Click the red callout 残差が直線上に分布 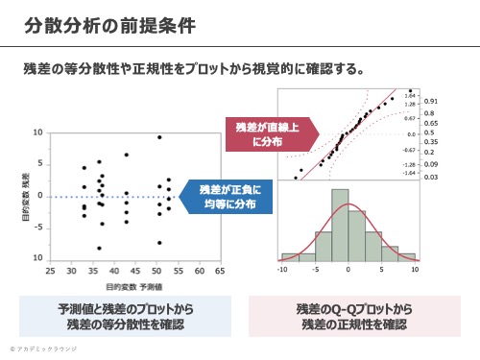(258, 133)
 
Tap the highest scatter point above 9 (159, 137)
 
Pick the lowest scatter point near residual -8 (99, 249)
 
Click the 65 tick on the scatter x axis (221, 272)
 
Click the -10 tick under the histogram (281, 270)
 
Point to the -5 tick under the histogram (314, 270)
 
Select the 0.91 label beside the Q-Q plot (431, 100)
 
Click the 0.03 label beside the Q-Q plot (431, 177)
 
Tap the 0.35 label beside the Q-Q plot (431, 141)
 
